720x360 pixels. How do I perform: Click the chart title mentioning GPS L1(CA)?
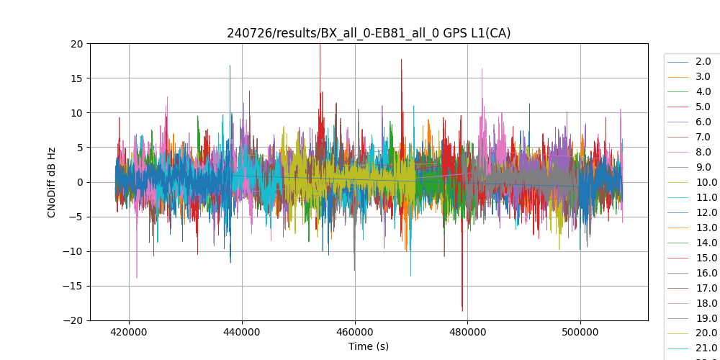click(x=369, y=33)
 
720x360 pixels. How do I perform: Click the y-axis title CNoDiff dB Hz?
click(x=52, y=182)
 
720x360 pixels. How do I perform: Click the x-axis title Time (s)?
click(x=369, y=346)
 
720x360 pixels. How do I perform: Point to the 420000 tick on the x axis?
click(x=130, y=332)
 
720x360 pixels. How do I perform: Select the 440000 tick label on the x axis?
click(x=242, y=332)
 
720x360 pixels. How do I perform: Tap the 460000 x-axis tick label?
click(x=355, y=332)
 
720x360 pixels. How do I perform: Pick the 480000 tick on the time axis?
click(x=467, y=332)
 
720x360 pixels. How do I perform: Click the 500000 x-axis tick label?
click(x=580, y=332)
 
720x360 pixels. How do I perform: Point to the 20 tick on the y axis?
click(x=77, y=43)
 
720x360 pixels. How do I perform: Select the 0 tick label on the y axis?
click(x=80, y=182)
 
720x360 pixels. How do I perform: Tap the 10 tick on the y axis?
click(x=77, y=112)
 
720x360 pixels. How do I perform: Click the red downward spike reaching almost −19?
click(x=462, y=308)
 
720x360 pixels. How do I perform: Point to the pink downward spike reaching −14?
click(x=137, y=276)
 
